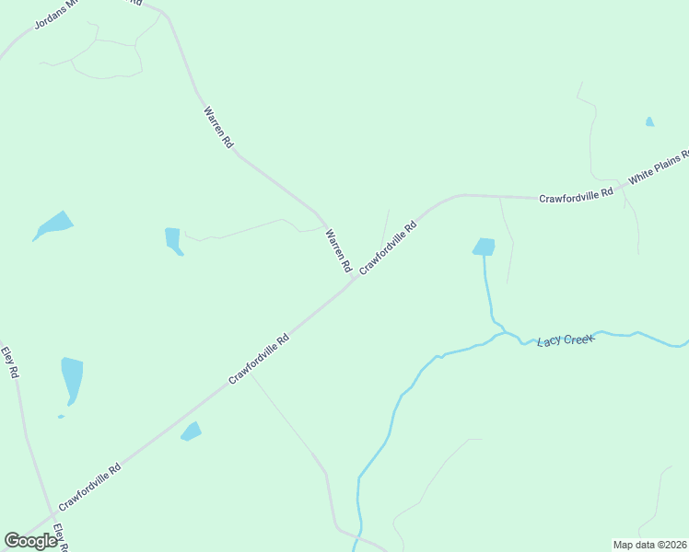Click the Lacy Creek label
(x=566, y=340)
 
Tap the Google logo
(x=30, y=540)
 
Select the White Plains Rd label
(x=659, y=167)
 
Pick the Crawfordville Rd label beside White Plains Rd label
(x=576, y=195)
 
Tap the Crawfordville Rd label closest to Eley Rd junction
(x=89, y=487)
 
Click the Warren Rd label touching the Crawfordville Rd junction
(x=338, y=250)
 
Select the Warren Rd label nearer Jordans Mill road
(x=218, y=128)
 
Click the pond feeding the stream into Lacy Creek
(x=484, y=247)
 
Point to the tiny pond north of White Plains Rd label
(x=649, y=121)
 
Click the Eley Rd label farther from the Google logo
(x=10, y=362)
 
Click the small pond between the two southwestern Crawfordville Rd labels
(x=191, y=431)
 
